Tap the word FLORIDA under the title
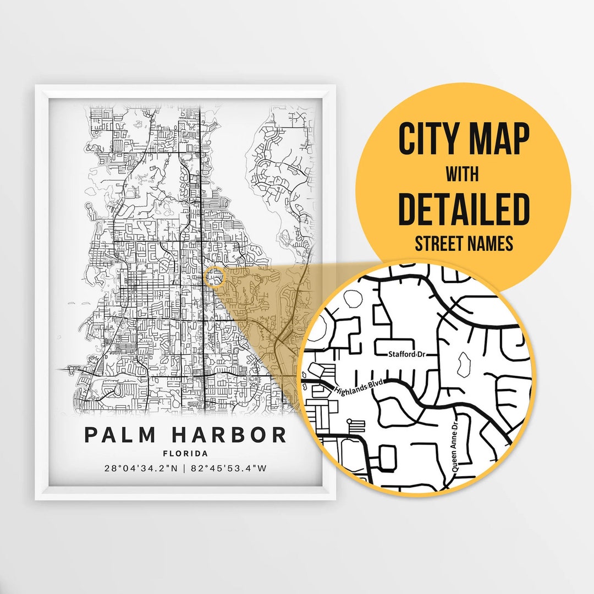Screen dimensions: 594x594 [185, 454]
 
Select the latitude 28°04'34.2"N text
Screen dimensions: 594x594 [140, 469]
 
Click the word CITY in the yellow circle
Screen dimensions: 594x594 [427, 140]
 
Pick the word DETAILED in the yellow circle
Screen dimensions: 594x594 [464, 210]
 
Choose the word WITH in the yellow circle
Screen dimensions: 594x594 [462, 175]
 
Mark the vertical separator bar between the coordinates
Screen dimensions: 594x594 [185, 469]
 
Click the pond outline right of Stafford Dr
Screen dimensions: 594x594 [463, 364]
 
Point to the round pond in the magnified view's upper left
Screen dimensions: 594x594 [350, 299]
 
